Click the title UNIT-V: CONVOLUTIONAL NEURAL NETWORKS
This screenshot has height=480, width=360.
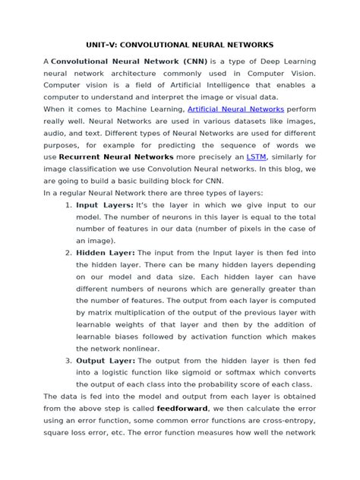click(x=179, y=45)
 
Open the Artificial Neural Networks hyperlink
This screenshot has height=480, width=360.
click(x=235, y=110)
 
